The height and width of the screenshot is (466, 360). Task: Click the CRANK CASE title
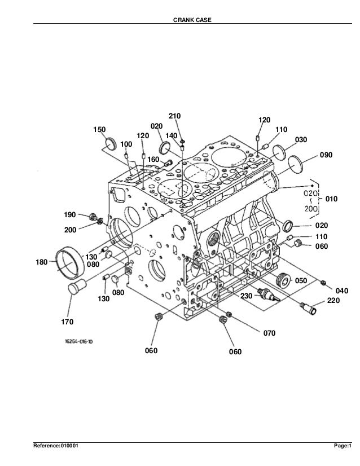[180, 21]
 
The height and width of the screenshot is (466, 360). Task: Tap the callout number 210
[174, 116]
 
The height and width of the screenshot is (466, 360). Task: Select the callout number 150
[99, 130]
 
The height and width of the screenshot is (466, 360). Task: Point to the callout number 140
[172, 136]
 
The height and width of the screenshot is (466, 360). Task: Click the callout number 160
[153, 160]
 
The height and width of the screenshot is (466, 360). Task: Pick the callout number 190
[69, 215]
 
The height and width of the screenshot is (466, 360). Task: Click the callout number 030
[301, 139]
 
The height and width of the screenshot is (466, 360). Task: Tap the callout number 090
[327, 155]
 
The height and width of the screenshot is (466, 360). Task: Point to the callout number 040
[342, 290]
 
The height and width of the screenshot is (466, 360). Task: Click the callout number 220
[333, 301]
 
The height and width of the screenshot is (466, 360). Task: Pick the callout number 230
[247, 296]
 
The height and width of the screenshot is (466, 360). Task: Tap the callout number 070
[269, 333]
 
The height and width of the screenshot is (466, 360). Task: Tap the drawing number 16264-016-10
[79, 341]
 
